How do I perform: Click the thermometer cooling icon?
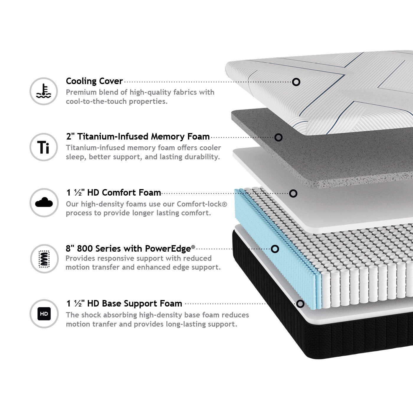click(44, 91)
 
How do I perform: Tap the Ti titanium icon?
click(44, 147)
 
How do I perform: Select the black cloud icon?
click(44, 203)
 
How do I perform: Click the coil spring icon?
click(44, 258)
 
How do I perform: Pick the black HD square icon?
click(44, 314)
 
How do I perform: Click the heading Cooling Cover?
click(94, 81)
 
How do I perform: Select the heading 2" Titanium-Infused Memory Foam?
click(137, 137)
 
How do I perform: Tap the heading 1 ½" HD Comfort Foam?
click(114, 193)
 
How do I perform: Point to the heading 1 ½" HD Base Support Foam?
click(124, 304)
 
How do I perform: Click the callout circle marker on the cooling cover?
click(296, 82)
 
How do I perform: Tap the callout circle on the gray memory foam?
click(278, 137)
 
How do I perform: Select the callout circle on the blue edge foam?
click(275, 249)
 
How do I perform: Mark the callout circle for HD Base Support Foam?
click(300, 304)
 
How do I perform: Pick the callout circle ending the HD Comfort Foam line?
click(293, 193)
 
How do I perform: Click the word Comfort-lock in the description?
click(202, 204)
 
